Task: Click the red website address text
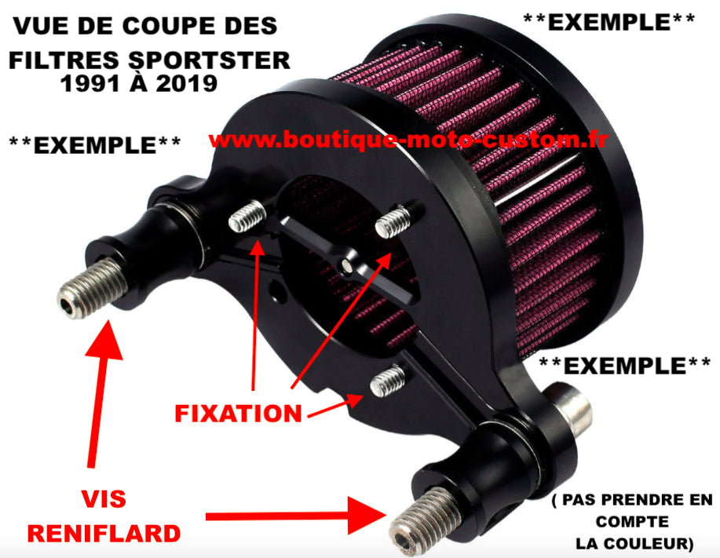(x=409, y=140)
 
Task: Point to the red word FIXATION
(x=238, y=413)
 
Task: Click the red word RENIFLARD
(x=104, y=534)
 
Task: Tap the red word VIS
(x=104, y=499)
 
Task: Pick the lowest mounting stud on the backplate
(x=386, y=382)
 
